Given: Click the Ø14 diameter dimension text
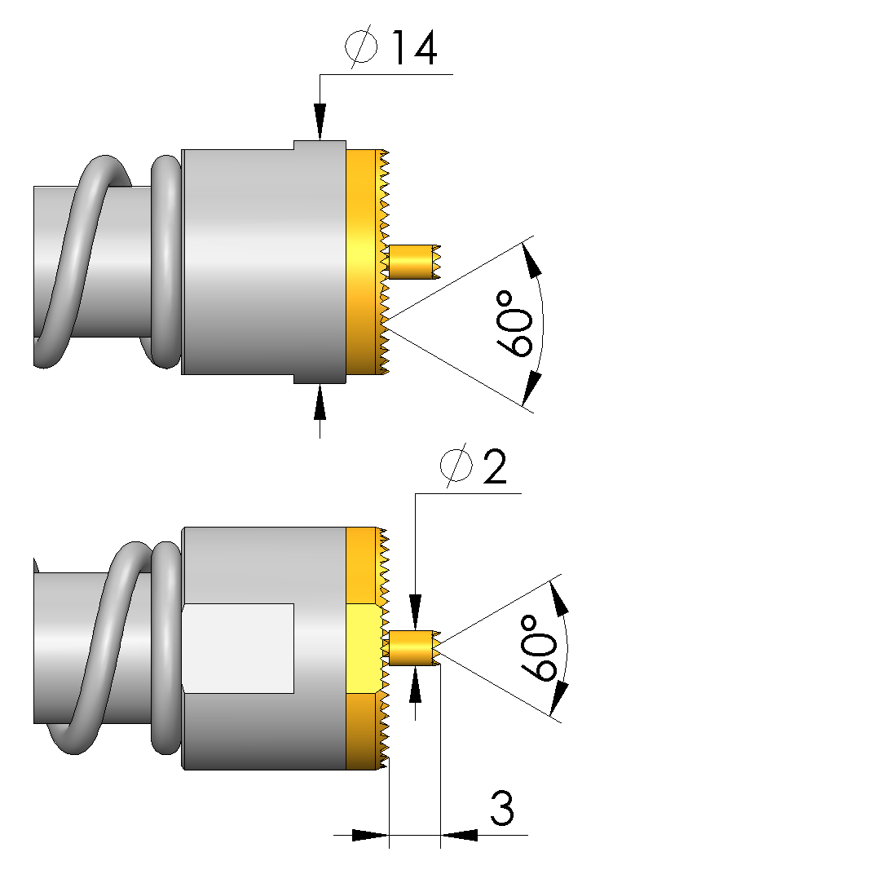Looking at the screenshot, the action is (390, 48).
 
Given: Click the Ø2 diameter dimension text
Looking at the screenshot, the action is (474, 467).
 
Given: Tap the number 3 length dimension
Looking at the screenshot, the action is (502, 809).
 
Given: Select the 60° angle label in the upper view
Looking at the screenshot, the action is (514, 323).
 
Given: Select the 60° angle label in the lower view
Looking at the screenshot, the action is (539, 648).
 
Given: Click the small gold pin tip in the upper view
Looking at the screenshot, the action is (414, 261).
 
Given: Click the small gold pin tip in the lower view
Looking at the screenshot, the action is (414, 647).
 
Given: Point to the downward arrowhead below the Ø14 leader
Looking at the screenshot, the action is (320, 121).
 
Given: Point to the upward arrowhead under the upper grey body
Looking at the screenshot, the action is (320, 402).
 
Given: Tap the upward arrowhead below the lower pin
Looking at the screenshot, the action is (416, 684).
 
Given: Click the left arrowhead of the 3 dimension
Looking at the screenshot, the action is (370, 835).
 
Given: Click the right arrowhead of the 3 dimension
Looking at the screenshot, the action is (459, 835).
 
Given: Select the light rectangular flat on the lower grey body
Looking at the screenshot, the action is (238, 649).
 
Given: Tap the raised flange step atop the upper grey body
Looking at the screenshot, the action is (320, 145).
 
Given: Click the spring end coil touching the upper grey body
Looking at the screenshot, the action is (166, 262).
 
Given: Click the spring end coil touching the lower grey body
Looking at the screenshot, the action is (166, 647).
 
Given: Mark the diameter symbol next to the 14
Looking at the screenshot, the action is (361, 46).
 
